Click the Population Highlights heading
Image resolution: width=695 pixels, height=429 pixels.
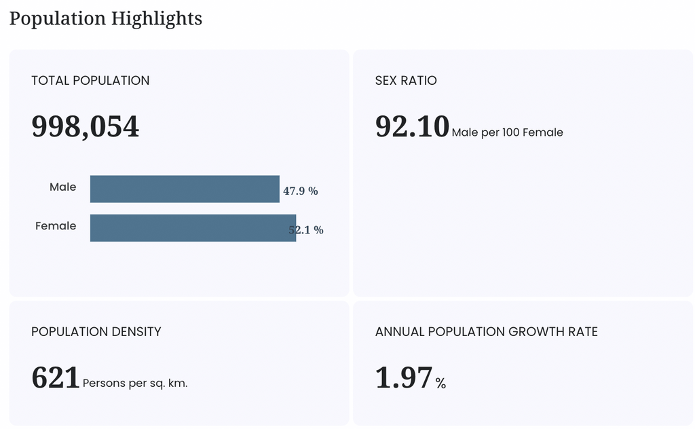tap(105, 19)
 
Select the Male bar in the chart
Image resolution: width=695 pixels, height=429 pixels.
tap(185, 189)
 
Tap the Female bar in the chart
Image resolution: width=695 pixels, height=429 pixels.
tap(193, 228)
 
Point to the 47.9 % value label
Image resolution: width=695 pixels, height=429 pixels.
tap(301, 191)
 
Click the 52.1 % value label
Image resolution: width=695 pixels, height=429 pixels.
tap(306, 230)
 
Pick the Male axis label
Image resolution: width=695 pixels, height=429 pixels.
tap(63, 187)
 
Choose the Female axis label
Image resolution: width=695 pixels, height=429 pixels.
tap(56, 226)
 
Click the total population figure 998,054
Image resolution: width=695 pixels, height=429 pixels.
tap(85, 127)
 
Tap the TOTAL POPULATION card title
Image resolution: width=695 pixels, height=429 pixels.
tap(90, 81)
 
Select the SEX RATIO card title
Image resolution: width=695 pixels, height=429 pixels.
tap(406, 81)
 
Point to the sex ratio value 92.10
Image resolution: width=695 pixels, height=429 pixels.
tap(412, 126)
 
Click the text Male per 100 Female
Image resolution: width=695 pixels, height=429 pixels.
tap(508, 132)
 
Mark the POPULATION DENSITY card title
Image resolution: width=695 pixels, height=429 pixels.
tap(96, 332)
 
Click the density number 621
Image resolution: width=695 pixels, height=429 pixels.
tap(56, 377)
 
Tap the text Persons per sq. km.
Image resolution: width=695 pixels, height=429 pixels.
tap(135, 384)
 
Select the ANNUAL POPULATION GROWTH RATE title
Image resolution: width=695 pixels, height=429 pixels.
tap(487, 332)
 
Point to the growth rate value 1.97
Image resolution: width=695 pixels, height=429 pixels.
tap(404, 377)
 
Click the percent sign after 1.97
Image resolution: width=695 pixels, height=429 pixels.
tap(440, 384)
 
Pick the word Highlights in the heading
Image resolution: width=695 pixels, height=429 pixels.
tap(157, 19)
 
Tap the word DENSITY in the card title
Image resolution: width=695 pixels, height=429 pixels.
tap(136, 332)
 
